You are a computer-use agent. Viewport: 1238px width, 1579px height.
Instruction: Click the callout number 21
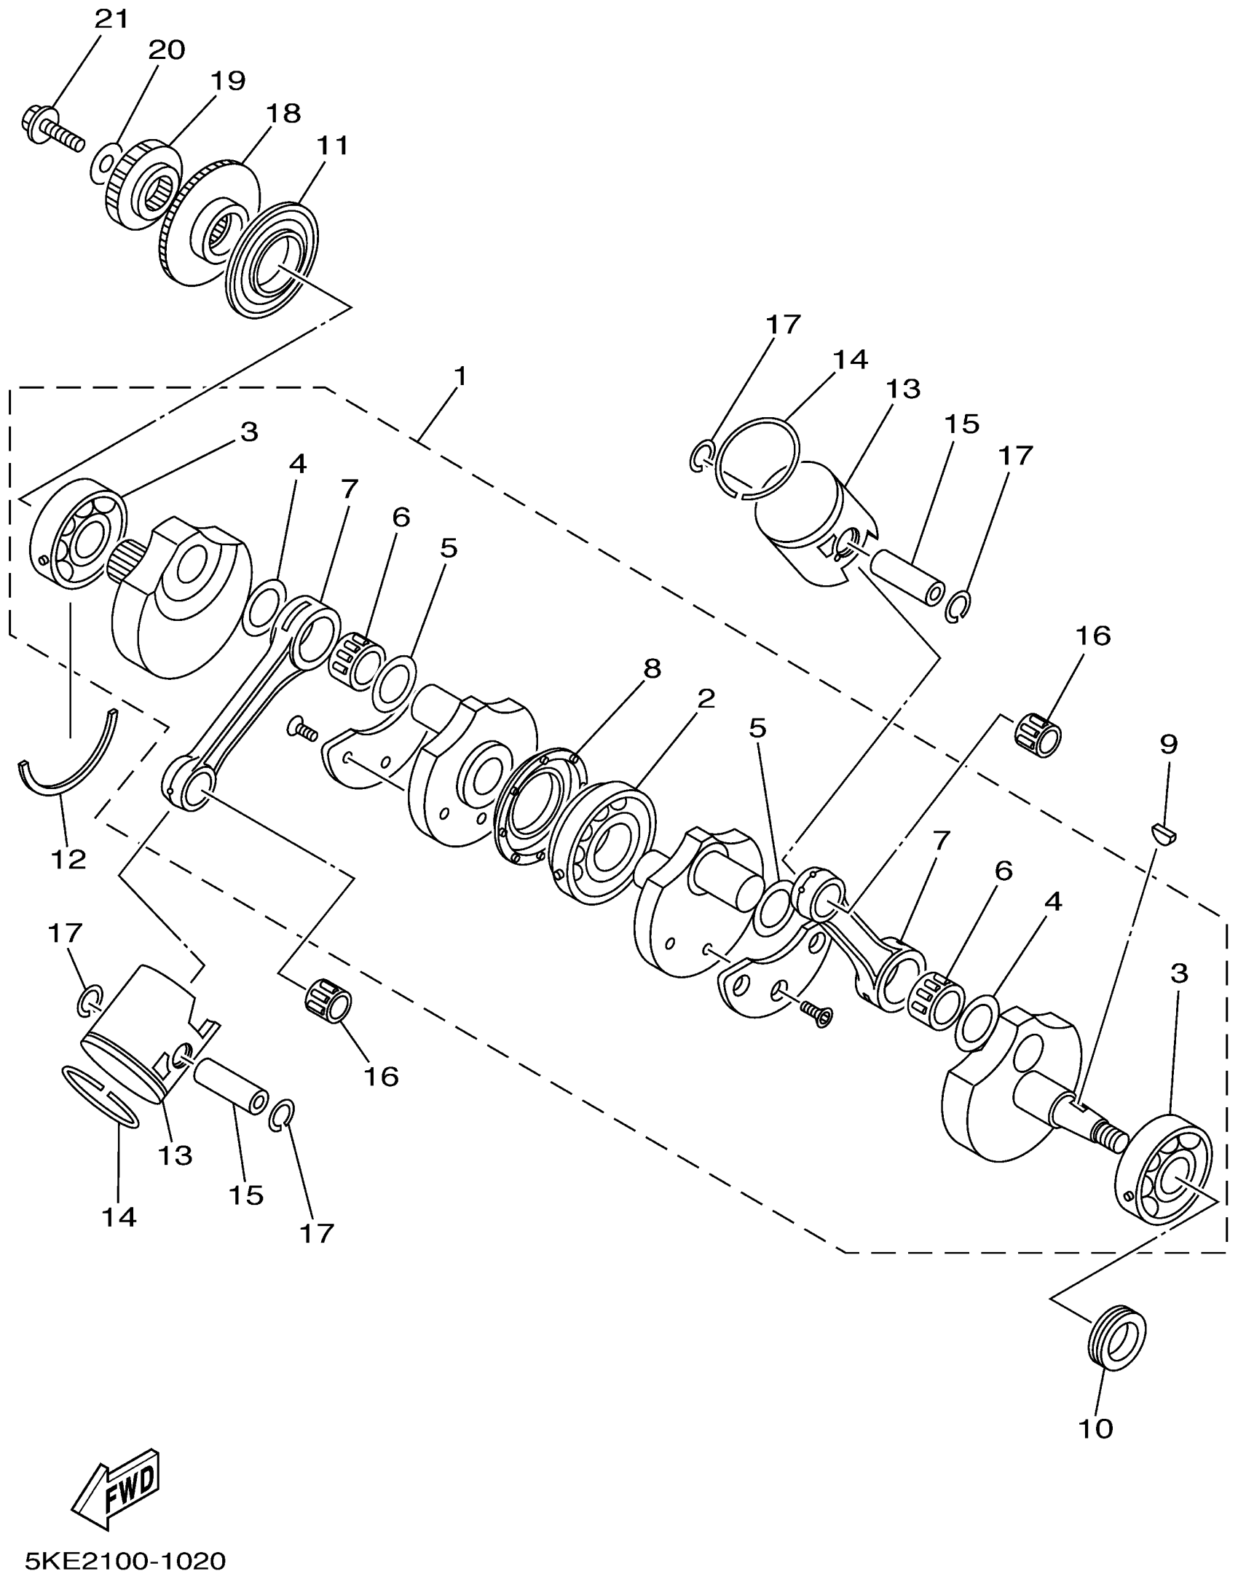click(x=111, y=20)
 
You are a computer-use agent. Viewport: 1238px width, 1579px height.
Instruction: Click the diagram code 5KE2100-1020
click(x=125, y=1561)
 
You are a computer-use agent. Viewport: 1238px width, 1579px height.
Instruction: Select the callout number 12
click(x=69, y=859)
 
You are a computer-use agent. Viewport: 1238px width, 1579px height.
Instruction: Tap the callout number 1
click(x=460, y=376)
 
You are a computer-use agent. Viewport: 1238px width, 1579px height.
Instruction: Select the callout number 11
click(x=332, y=146)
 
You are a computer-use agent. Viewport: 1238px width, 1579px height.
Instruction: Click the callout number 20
click(x=167, y=50)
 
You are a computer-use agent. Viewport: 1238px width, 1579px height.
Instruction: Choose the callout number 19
click(x=228, y=81)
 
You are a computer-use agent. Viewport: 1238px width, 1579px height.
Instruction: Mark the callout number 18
click(x=283, y=114)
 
